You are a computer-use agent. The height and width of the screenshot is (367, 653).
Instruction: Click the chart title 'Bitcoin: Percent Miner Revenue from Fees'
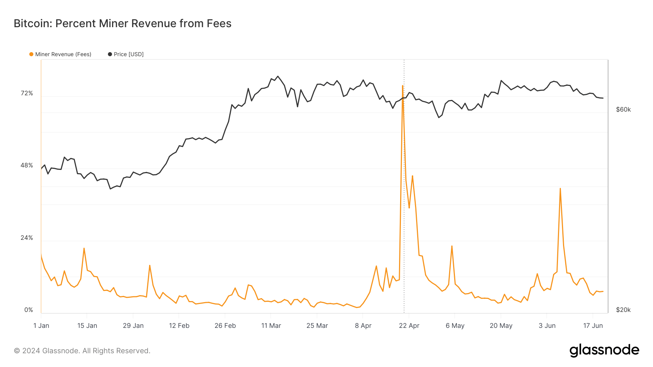[x=123, y=24]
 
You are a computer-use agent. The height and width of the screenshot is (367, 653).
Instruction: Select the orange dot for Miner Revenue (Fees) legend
[x=31, y=54]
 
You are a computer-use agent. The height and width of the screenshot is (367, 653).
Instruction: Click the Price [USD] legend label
[x=128, y=54]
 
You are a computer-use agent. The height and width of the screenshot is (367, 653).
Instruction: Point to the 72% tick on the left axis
[x=27, y=93]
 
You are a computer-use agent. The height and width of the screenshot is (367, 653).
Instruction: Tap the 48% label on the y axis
[x=27, y=166]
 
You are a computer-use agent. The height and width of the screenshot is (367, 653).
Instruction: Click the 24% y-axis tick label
[x=27, y=238]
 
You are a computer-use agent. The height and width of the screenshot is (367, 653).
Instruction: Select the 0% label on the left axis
[x=29, y=310]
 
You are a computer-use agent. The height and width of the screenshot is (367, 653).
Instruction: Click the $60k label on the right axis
[x=623, y=110]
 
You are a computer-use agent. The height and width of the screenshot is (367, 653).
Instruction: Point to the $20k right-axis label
[x=623, y=310]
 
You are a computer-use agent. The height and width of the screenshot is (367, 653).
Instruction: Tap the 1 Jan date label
[x=41, y=326]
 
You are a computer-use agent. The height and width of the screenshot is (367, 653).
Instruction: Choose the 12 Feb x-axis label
[x=179, y=326]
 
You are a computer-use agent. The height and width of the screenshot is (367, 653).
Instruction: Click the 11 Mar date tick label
[x=271, y=326]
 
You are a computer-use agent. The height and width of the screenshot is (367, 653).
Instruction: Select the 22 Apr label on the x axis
[x=409, y=326]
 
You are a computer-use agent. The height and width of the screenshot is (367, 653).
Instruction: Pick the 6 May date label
[x=455, y=326]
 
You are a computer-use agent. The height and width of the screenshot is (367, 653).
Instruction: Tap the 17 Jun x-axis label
[x=593, y=326]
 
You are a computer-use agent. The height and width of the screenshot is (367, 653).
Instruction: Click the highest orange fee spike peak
[x=403, y=86]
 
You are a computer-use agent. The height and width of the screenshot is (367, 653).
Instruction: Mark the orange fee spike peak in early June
[x=560, y=188]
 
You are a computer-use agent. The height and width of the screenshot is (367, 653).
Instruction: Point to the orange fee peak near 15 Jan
[x=84, y=248]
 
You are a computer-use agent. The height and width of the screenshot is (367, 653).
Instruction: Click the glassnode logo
[x=604, y=350]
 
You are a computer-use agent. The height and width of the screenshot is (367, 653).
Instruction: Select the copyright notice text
[x=82, y=351]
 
